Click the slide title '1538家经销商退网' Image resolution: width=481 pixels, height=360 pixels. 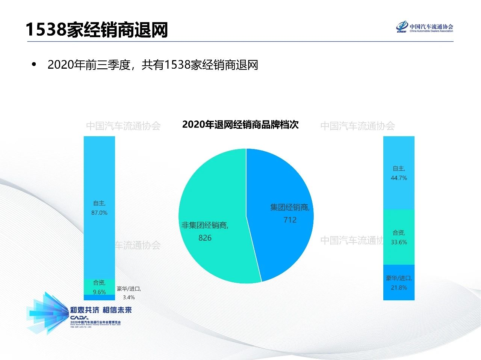coord(97,30)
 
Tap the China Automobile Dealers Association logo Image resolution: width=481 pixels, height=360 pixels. coord(425,27)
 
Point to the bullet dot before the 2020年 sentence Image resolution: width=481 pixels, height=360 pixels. coord(35,65)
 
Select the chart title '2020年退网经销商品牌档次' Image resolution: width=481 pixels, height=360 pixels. coord(240,125)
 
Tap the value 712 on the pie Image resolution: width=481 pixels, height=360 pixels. coord(290,220)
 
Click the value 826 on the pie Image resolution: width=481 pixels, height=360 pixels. coord(205,238)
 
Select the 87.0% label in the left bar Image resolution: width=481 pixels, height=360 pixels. coord(99,212)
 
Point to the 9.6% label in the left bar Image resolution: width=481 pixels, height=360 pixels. coord(99,292)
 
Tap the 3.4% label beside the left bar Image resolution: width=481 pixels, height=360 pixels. coord(129,297)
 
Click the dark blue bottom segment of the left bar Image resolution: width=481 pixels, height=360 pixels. coord(99,298)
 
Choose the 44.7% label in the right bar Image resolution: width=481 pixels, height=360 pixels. coord(399,178)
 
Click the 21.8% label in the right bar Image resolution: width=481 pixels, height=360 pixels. coord(399,288)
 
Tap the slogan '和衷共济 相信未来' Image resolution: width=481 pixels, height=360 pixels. coord(101,310)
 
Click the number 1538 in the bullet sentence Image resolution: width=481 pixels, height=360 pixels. coord(177,65)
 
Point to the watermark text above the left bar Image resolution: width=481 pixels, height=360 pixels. coord(123,126)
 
